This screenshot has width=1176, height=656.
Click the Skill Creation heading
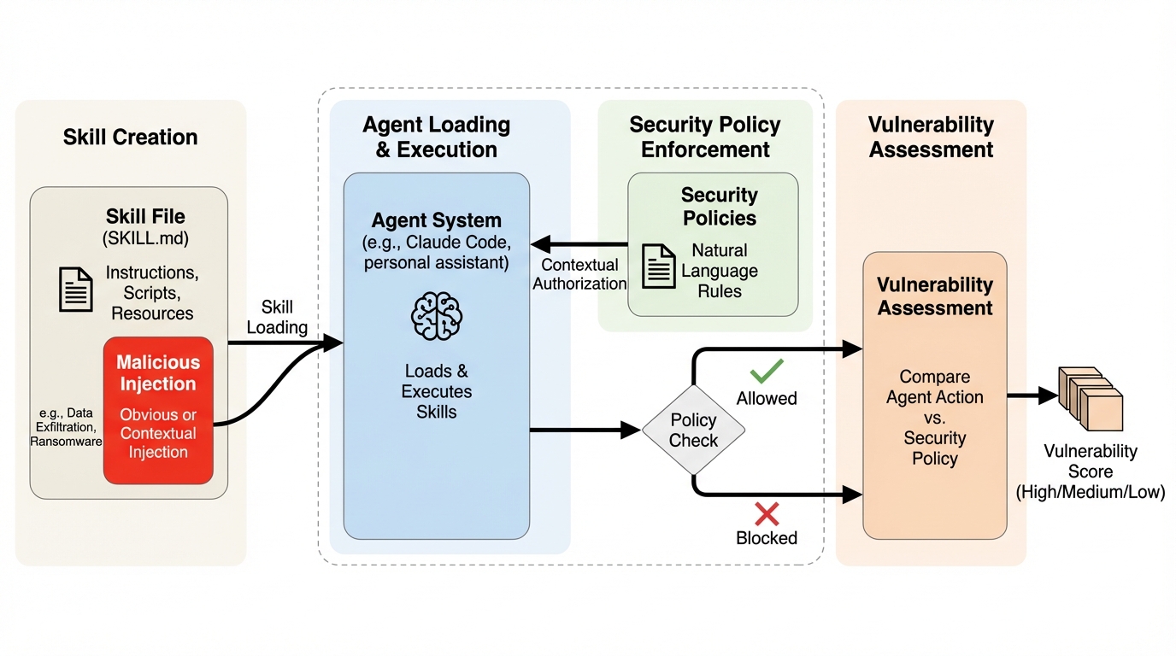click(130, 138)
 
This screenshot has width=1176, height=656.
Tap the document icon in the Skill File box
click(76, 290)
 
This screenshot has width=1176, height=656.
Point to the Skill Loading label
click(277, 317)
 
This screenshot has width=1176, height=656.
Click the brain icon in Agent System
click(436, 316)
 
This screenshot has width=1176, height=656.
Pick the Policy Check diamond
click(693, 430)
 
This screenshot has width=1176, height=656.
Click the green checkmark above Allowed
click(767, 372)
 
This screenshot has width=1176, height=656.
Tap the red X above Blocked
click(767, 513)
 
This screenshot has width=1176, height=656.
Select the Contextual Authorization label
click(579, 273)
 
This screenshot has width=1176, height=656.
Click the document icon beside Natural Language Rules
click(659, 266)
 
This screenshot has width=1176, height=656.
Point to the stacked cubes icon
click(1091, 398)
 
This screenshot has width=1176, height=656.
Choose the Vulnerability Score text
click(1090, 471)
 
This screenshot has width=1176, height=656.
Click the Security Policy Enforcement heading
click(705, 137)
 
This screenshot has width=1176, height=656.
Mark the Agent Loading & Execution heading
click(436, 137)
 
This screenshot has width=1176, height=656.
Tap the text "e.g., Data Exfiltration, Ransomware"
click(67, 427)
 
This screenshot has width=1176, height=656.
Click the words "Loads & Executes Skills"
click(436, 391)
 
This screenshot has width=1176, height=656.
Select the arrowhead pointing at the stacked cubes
click(1048, 395)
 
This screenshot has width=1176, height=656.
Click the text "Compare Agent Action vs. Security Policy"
click(934, 418)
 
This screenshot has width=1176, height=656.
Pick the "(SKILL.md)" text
click(145, 238)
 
